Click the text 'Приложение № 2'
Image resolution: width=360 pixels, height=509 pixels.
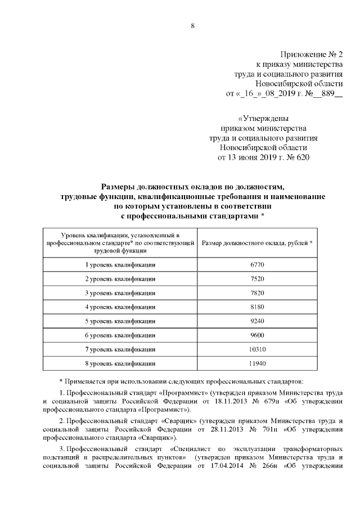pyautogui.click(x=310, y=55)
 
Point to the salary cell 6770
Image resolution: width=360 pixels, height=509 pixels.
pyautogui.click(x=256, y=264)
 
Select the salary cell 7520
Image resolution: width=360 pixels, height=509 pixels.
pyautogui.click(x=256, y=278)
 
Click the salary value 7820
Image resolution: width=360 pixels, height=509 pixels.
pyautogui.click(x=256, y=292)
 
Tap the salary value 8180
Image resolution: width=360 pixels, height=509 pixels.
pyautogui.click(x=256, y=307)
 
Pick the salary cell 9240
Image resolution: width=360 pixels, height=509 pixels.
pyautogui.click(x=256, y=321)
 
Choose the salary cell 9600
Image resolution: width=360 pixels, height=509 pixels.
pyautogui.click(x=256, y=335)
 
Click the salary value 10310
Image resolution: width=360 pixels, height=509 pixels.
pyautogui.click(x=256, y=349)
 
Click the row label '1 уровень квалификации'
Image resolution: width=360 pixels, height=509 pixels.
pyautogui.click(x=120, y=264)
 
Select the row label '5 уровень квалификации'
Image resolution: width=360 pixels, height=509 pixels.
pyautogui.click(x=120, y=321)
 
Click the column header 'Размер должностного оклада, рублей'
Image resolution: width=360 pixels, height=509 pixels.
pyautogui.click(x=256, y=242)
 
